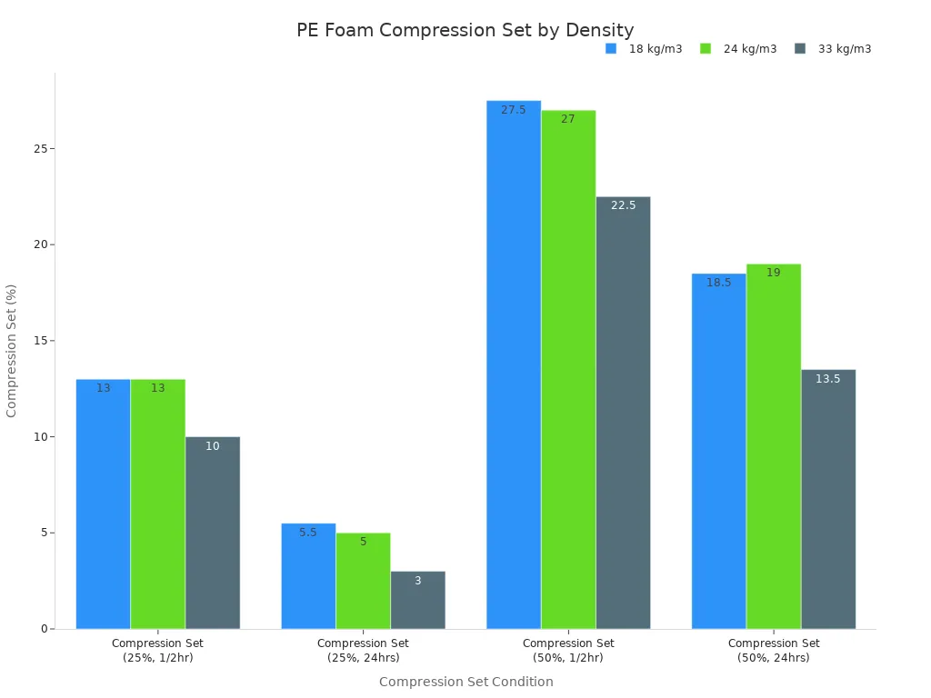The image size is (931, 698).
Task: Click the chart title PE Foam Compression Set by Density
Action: [465, 30]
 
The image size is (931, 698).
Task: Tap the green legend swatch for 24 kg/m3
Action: [706, 49]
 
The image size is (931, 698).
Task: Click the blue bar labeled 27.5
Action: [514, 364]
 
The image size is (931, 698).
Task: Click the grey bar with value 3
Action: [417, 600]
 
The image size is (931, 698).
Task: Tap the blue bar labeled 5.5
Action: [308, 576]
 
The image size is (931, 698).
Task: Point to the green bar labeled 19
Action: [774, 445]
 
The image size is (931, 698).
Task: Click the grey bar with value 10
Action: [212, 533]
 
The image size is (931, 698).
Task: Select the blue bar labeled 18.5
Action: [718, 451]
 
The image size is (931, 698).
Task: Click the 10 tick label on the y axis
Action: [40, 437]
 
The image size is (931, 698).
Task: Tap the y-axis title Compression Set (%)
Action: [12, 350]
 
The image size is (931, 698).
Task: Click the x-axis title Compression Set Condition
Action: [465, 682]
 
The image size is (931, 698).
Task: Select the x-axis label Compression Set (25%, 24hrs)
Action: [363, 650]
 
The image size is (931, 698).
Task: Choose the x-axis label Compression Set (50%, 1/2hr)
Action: [568, 650]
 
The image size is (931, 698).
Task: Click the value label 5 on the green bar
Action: [363, 542]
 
